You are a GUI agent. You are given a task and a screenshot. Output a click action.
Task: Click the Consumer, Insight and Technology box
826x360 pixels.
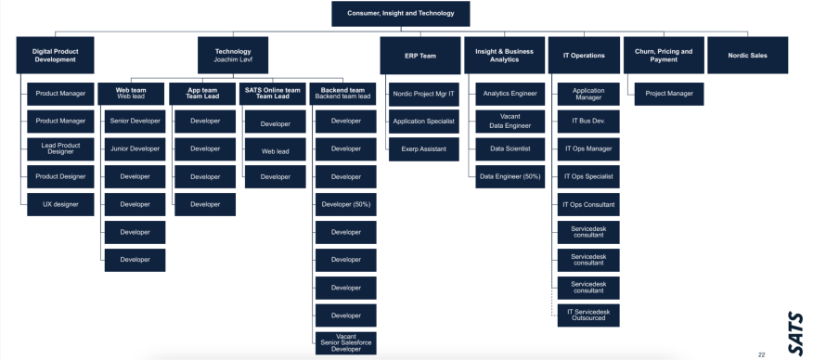tap(401, 14)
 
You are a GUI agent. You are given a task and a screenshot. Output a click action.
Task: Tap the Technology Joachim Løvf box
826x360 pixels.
tap(233, 55)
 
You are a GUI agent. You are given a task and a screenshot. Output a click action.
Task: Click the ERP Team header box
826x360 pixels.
tap(419, 55)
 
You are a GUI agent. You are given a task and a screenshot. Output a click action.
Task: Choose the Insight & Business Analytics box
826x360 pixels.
tap(503, 55)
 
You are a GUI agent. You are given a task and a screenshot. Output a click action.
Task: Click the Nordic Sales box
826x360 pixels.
tap(747, 55)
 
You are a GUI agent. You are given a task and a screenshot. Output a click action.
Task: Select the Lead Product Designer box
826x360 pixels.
tap(60, 148)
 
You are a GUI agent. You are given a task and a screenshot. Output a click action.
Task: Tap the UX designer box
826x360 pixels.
tap(60, 203)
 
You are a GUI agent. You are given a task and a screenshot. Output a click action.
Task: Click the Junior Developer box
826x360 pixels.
tap(135, 148)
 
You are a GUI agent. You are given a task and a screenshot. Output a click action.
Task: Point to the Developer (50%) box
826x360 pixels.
tap(345, 204)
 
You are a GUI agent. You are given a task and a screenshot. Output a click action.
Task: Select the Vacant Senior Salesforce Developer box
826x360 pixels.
tap(345, 342)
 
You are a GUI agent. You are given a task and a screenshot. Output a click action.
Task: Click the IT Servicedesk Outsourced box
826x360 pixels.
tap(588, 315)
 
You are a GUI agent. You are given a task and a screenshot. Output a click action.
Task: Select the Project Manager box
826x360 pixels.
tap(666, 93)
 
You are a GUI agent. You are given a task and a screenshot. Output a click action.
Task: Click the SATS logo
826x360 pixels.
tap(795, 331)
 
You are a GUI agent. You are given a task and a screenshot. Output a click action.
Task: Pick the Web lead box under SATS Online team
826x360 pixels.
tap(275, 150)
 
